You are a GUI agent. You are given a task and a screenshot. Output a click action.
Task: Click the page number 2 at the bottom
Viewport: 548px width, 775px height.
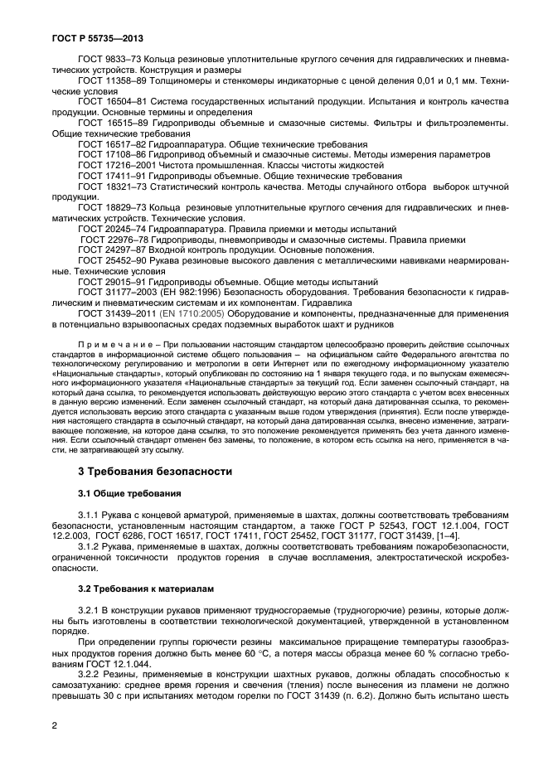pyautogui.click(x=53, y=724)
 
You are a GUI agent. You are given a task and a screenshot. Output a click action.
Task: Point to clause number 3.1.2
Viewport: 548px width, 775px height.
pyautogui.click(x=92, y=547)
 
